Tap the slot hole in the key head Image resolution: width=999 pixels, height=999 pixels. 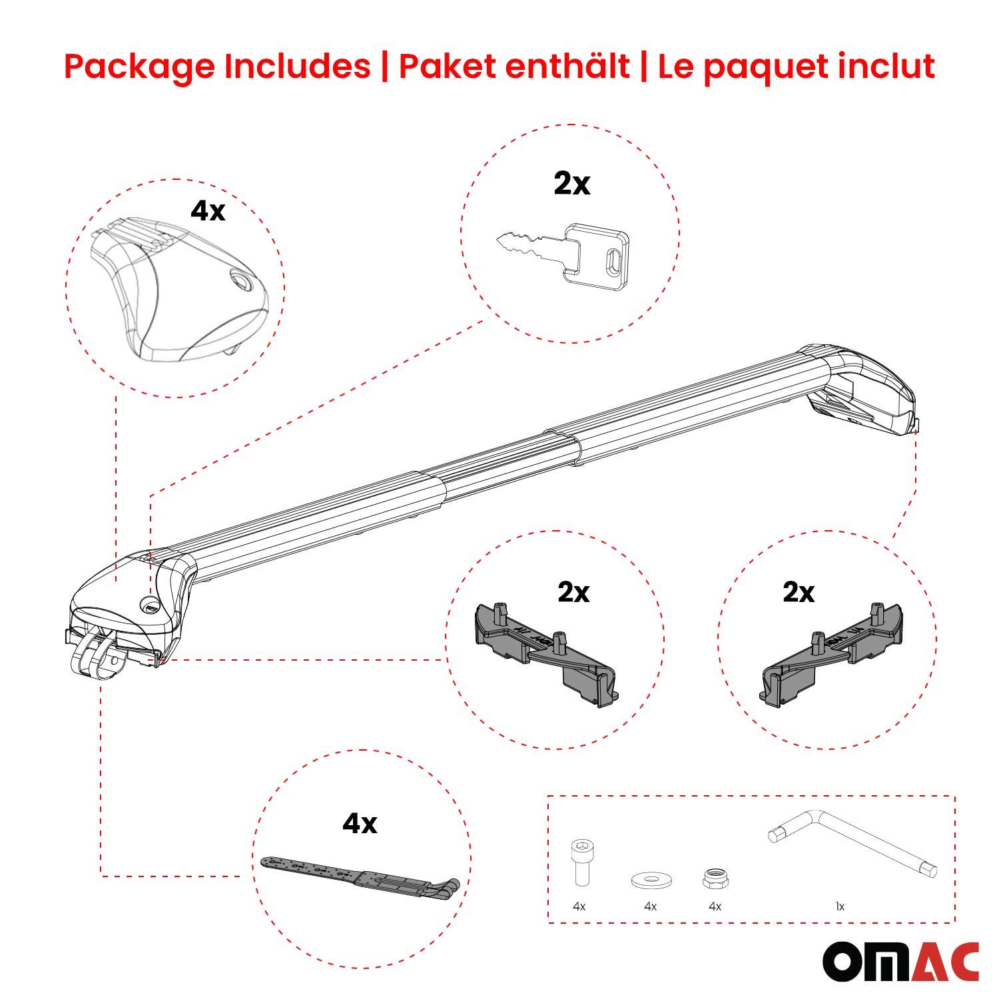pos(613,256)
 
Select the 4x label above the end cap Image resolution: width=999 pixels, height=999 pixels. pos(208,210)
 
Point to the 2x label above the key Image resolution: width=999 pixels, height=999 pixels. pos(571,184)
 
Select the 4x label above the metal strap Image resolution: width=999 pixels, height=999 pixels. pos(360,824)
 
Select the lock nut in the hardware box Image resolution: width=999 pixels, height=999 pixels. pos(714,878)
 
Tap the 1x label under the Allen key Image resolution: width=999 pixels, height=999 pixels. pos(840,906)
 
